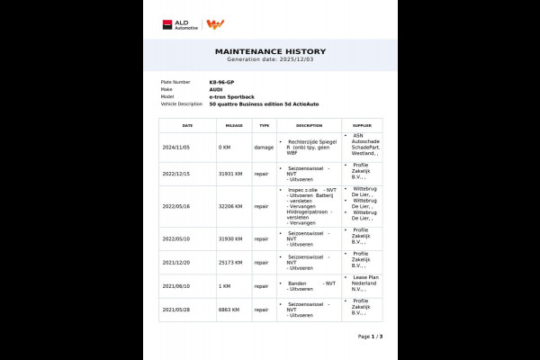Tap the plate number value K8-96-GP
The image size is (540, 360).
[221, 82]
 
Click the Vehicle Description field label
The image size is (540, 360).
[181, 103]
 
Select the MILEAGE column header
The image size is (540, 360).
[234, 126]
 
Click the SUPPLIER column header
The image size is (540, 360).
[362, 126]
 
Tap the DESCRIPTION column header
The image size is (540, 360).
[309, 126]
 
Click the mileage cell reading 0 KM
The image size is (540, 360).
[225, 147]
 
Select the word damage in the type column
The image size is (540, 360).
[263, 147]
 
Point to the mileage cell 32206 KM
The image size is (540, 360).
[231, 206]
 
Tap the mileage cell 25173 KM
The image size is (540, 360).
[231, 264]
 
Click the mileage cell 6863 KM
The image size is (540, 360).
[229, 310]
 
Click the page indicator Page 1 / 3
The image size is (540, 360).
[370, 337]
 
